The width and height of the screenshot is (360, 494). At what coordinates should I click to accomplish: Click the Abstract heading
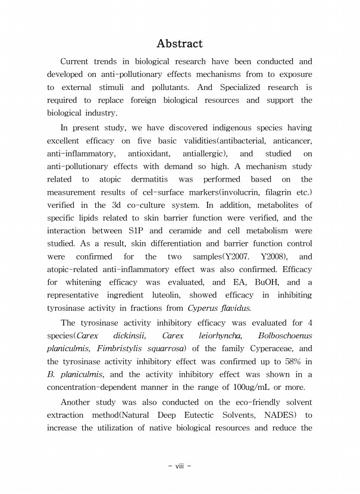179,43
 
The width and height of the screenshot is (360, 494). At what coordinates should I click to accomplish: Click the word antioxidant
162,153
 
